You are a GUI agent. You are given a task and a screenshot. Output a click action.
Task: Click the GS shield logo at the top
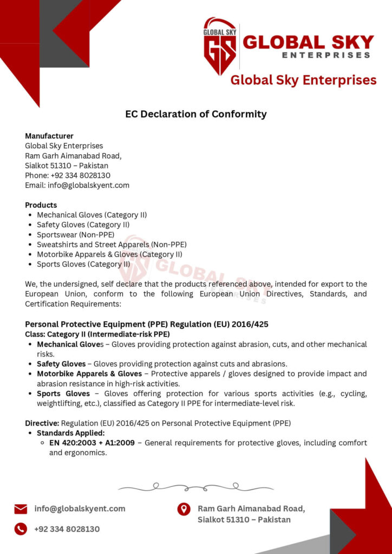[220, 47]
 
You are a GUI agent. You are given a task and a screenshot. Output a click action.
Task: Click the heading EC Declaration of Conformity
[196, 114]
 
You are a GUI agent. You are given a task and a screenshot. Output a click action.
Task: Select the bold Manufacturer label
[49, 136]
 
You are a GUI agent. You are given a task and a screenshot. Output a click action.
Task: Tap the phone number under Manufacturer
[68, 175]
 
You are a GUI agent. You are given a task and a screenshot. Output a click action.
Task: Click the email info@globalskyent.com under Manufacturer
[77, 185]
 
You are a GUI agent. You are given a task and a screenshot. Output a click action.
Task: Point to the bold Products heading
[41, 205]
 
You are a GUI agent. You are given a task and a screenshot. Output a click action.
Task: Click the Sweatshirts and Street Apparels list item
[112, 245]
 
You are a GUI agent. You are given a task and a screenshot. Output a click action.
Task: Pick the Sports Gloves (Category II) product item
[83, 264]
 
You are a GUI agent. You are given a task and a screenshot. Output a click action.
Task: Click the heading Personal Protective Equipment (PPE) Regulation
[147, 324]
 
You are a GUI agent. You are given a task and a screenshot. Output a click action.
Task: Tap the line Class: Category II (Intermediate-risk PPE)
[97, 334]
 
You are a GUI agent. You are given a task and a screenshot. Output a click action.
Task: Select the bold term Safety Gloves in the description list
[61, 364]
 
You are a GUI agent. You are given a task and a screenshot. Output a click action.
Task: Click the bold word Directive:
[42, 423]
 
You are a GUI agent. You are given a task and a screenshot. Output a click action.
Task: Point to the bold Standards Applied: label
[71, 433]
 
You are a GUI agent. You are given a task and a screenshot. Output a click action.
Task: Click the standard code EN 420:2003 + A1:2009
[91, 443]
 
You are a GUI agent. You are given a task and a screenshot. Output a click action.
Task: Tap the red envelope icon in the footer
[21, 509]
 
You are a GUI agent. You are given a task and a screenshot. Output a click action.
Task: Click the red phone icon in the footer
[21, 529]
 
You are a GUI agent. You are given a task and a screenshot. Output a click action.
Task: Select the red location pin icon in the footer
[184, 509]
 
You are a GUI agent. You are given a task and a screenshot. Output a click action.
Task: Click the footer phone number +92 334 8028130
[67, 529]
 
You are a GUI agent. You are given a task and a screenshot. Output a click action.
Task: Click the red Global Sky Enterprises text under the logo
[303, 80]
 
